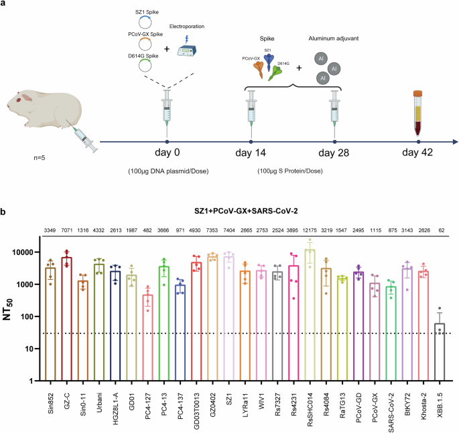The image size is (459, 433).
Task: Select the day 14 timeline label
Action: [x=250, y=153]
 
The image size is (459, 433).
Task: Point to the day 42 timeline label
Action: [x=418, y=153]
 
